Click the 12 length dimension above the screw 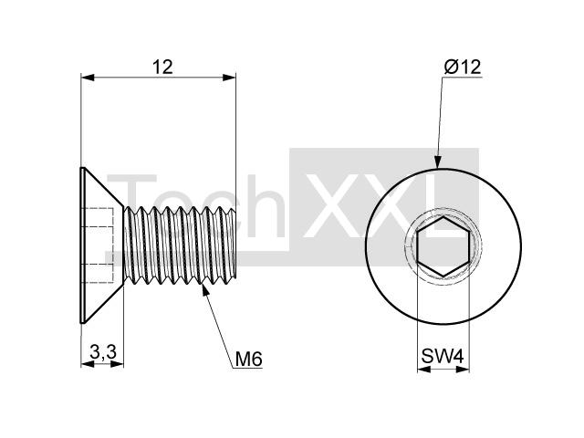click(162, 67)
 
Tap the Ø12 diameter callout click(463, 67)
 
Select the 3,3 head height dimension click(103, 351)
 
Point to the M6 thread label click(249, 359)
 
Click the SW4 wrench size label click(443, 356)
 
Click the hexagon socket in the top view click(443, 246)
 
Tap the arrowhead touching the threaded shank click(204, 290)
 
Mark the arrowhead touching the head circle click(438, 162)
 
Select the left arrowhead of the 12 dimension click(88, 78)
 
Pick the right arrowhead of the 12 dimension click(229, 78)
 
